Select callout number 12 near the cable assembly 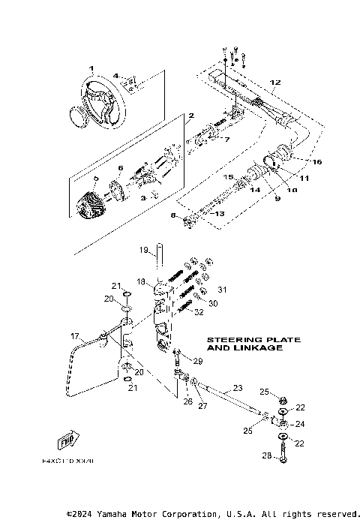tap(275, 82)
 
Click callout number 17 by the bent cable tap(74, 336)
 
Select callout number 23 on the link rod tap(237, 389)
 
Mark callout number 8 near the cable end tap(174, 215)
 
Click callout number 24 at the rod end tap(301, 424)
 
